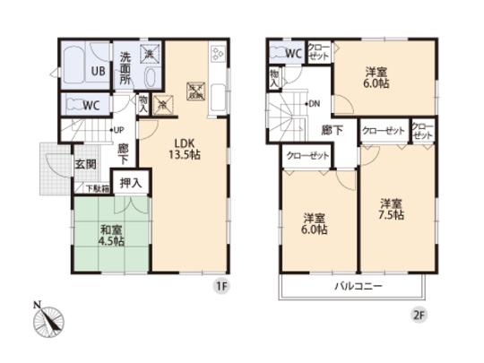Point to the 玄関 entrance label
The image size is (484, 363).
(x=83, y=164)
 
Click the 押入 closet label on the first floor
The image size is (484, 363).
(x=130, y=182)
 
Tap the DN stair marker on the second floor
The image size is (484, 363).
(x=314, y=104)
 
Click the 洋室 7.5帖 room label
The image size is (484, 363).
(x=390, y=208)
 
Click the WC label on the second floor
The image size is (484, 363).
(x=293, y=52)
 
